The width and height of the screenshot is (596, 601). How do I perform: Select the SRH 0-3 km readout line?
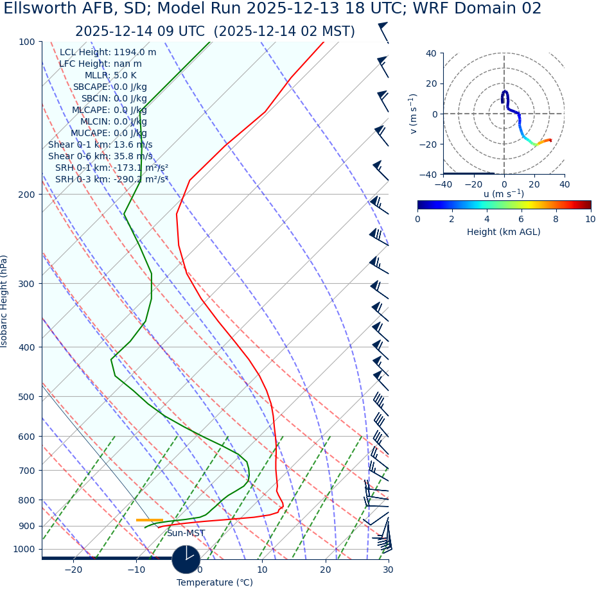112,179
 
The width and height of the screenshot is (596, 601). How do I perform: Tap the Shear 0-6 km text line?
100,156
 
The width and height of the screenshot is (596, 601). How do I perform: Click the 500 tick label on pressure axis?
26,397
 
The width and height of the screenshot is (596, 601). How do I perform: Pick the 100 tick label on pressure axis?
26,42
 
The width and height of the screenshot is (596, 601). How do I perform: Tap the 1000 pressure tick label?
24,549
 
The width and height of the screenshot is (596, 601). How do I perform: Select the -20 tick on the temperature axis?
73,570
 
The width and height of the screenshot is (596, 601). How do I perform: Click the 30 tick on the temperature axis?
388,570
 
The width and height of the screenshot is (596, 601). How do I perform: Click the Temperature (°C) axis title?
215,582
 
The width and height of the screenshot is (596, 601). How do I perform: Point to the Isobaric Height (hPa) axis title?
4,301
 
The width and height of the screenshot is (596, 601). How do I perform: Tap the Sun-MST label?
186,534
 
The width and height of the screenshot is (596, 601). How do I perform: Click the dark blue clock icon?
186,559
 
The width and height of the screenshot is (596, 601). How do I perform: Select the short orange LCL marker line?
149,520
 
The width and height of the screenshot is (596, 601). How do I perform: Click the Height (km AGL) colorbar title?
504,232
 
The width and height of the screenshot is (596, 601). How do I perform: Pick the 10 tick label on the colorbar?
590,219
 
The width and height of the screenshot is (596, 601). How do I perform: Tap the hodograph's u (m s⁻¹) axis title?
504,194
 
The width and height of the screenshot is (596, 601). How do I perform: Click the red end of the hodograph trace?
550,140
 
